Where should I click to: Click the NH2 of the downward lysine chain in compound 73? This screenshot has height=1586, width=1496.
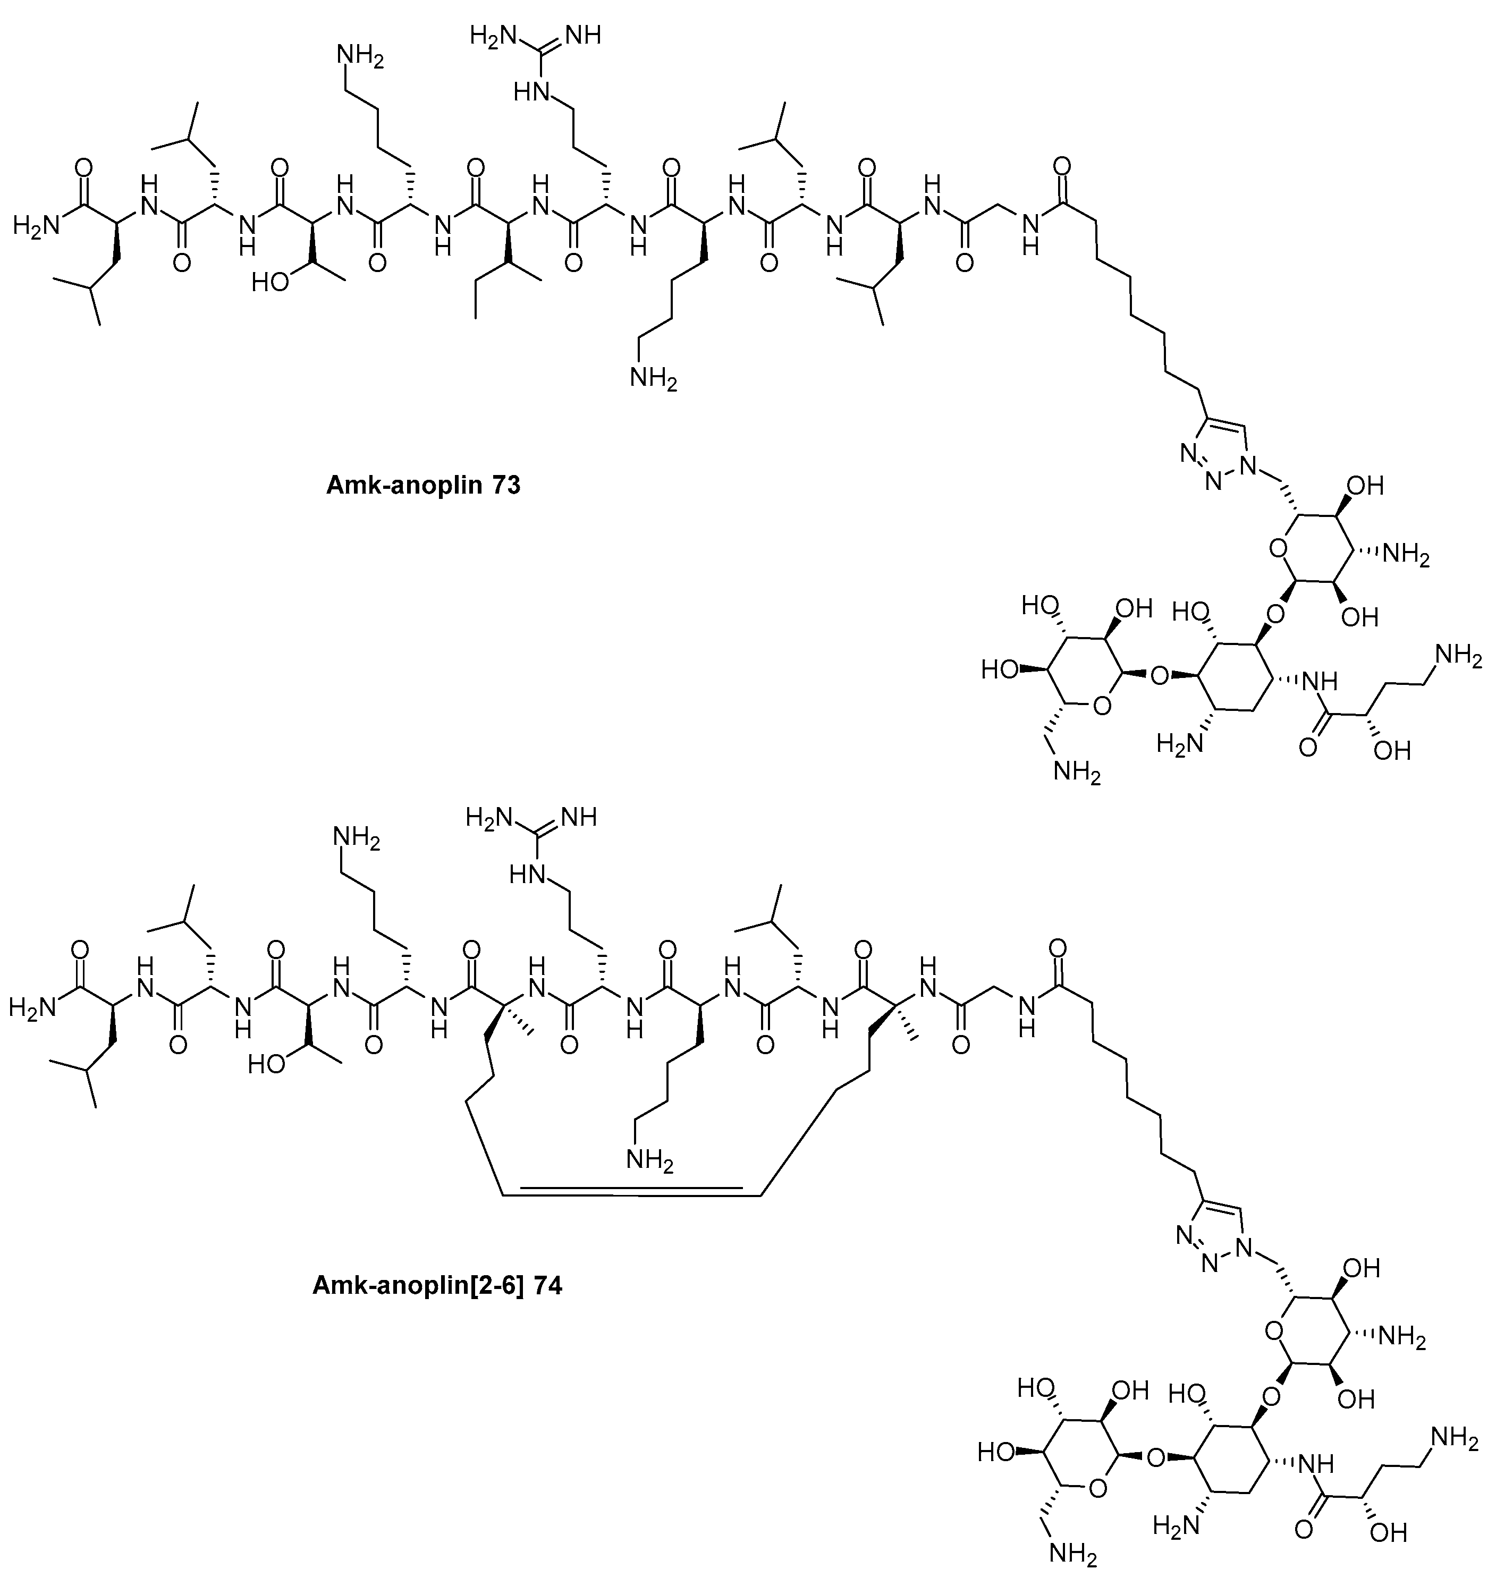tap(653, 377)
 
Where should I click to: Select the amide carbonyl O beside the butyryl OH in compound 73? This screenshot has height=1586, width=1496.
tap(1307, 748)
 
